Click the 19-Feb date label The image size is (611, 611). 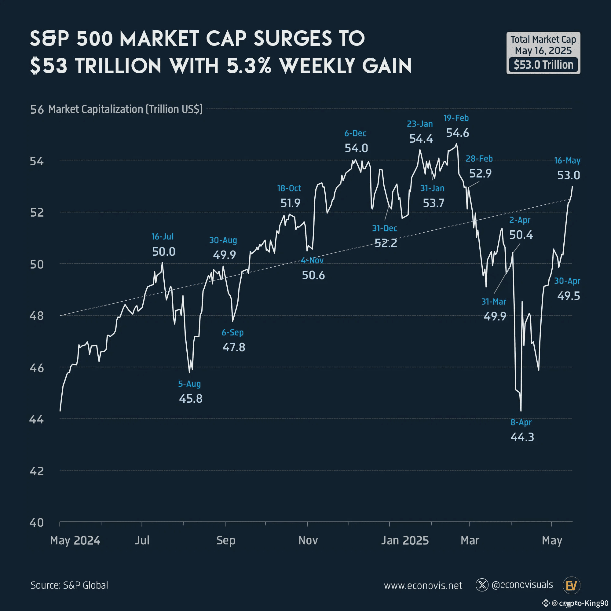[456, 118]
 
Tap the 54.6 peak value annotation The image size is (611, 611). [457, 133]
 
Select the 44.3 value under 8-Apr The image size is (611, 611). [522, 437]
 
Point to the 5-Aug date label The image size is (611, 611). [189, 384]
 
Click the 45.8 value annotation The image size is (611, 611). [190, 398]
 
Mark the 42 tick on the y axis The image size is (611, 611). [36, 471]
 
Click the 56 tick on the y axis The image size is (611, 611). [37, 109]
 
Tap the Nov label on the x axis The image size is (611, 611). [308, 540]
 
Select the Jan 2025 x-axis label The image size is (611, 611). [404, 540]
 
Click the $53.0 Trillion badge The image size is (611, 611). [543, 65]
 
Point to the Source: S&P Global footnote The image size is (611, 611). [69, 585]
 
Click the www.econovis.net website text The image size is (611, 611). [423, 585]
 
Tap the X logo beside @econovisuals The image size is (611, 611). [482, 585]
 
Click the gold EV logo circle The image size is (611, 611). [571, 585]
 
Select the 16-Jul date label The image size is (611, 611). [162, 236]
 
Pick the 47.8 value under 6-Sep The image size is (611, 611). [233, 347]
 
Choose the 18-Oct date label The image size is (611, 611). [289, 188]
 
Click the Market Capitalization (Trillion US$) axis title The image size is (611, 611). [125, 109]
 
